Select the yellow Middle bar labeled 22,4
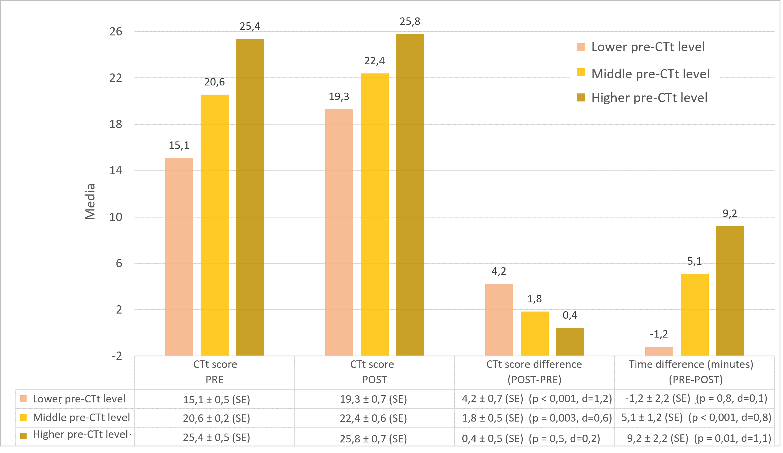coord(374,214)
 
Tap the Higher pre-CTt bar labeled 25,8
coord(410,195)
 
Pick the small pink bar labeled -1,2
coord(659,351)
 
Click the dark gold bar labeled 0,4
coord(570,342)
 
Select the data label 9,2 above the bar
coord(730,213)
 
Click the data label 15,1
coord(179,145)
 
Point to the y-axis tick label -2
coord(117,356)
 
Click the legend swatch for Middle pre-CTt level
coord(581,73)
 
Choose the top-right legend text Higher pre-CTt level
coord(649,97)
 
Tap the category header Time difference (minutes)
coord(691,364)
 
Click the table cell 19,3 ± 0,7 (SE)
coord(373,399)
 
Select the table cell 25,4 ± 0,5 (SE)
coord(216,438)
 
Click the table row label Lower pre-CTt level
coord(79,399)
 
